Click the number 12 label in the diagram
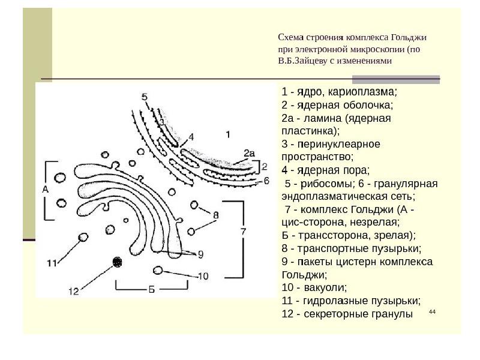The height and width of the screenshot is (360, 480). pos(73,291)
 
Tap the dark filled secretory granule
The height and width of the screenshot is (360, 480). pos(117,262)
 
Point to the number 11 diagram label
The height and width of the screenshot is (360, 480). pos(52,263)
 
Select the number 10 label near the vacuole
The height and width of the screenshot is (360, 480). pos(203,276)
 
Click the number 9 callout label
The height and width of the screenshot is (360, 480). pos(200,254)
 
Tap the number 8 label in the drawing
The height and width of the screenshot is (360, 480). pos(216,215)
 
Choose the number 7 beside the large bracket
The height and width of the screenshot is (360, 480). pos(243,232)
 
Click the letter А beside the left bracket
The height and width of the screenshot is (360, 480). pos(46,190)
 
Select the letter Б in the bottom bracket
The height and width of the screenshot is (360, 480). pos(152,290)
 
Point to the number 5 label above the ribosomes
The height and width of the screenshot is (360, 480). pos(145,97)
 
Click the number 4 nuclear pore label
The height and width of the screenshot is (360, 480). pos(191,137)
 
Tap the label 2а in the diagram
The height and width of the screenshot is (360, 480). pos(249,153)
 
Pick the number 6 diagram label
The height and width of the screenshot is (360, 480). pos(266,181)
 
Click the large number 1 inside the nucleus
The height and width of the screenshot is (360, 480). pos(228,134)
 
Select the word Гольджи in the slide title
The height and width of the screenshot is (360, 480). pos(409,38)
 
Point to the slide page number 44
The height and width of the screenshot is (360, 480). pos(432,311)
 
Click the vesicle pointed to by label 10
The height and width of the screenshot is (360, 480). pos(158,271)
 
